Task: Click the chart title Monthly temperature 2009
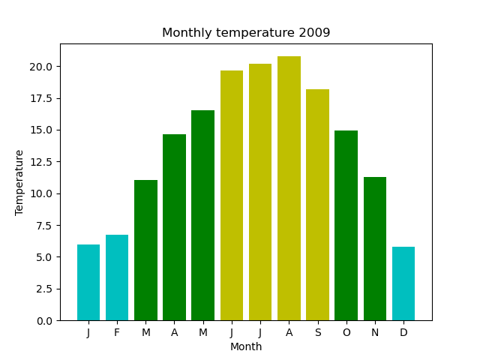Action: click(246, 33)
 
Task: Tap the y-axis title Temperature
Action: click(19, 182)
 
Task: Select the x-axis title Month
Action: click(246, 347)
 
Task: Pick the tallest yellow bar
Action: click(289, 188)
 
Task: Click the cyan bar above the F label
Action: click(117, 277)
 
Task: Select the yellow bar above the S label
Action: click(317, 205)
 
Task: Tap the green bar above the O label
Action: click(346, 226)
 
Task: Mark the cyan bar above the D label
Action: click(403, 283)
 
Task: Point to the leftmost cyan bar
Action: click(88, 282)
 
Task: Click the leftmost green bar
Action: click(145, 250)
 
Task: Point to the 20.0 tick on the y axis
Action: click(40, 67)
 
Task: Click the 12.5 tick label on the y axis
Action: click(40, 162)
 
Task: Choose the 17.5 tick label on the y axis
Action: click(40, 98)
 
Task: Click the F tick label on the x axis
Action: click(117, 332)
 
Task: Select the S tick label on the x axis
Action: click(317, 332)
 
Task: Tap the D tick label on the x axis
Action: click(403, 332)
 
